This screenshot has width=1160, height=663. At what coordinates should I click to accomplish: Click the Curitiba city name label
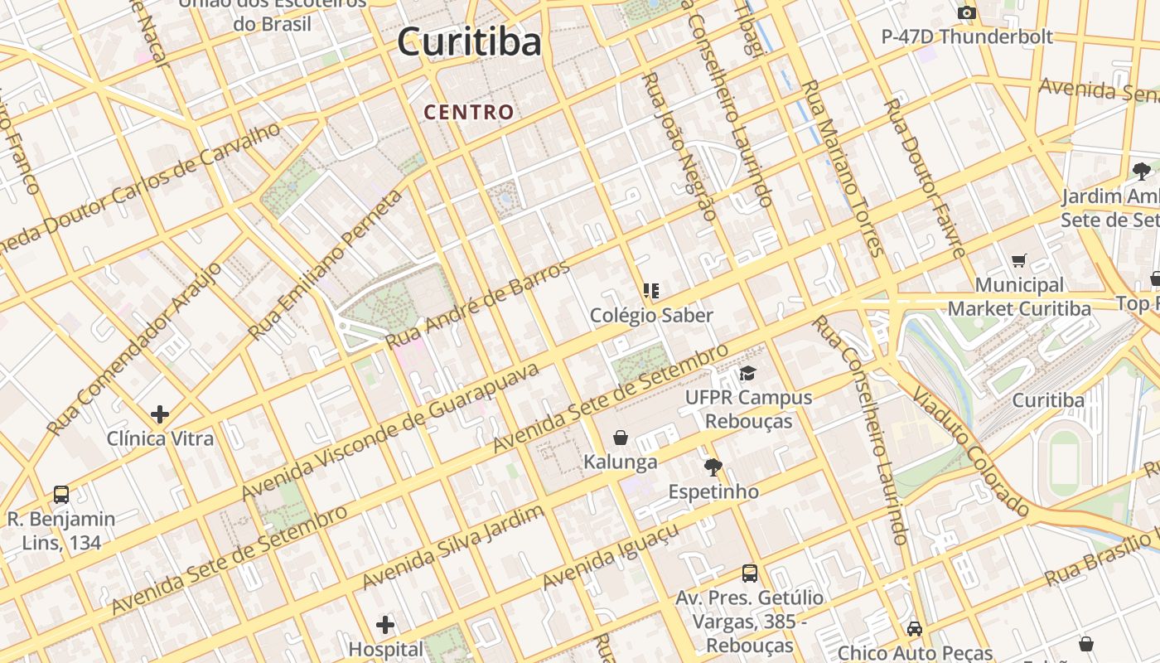tap(469, 42)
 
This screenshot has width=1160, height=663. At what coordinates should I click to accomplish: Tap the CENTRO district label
tap(469, 112)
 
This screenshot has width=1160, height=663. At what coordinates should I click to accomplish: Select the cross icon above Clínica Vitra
tap(160, 414)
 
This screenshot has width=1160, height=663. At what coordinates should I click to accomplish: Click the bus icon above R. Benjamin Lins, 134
tap(61, 495)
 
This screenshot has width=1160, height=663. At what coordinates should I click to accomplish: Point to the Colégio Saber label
tap(651, 316)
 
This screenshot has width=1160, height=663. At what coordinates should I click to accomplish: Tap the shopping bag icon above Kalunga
tap(621, 438)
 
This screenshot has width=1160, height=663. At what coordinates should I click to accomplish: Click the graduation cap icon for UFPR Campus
tap(748, 374)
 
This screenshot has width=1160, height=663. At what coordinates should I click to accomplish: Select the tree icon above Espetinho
tap(713, 467)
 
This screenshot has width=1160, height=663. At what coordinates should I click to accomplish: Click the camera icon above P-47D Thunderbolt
tap(966, 13)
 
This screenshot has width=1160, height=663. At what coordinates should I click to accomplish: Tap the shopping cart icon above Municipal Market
tap(1019, 261)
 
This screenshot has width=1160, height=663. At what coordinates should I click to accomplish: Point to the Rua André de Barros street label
tap(479, 304)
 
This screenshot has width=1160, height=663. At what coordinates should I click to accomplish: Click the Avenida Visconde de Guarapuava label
tap(390, 431)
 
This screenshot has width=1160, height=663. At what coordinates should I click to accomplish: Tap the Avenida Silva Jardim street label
tap(453, 547)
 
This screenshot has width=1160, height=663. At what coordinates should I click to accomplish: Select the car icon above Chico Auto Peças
tap(915, 629)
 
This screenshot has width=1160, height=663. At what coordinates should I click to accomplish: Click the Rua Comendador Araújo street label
tap(134, 349)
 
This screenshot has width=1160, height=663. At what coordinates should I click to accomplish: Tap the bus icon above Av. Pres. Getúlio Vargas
tap(750, 573)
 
